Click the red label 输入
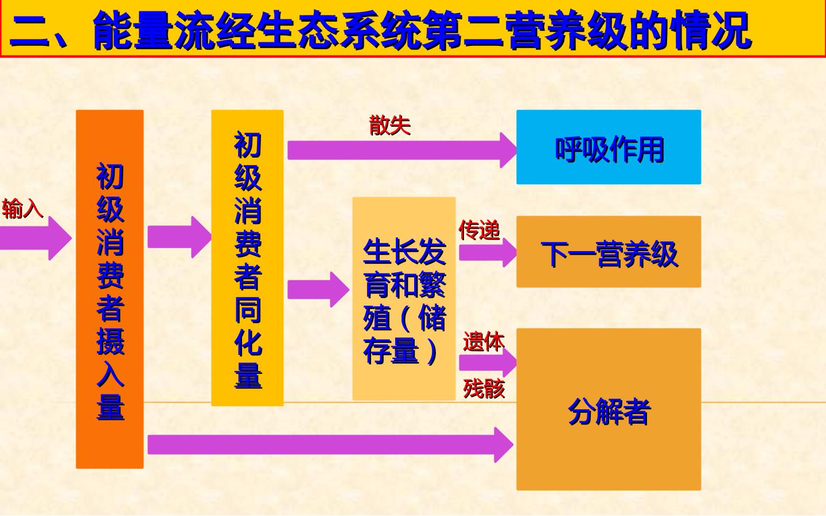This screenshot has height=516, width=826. [x=23, y=209]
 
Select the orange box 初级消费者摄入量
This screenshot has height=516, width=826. [x=110, y=290]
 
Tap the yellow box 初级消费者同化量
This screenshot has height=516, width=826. [x=247, y=258]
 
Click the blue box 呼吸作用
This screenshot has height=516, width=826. [x=609, y=147]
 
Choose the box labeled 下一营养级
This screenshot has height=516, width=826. [x=609, y=252]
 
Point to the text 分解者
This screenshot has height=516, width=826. [x=610, y=412]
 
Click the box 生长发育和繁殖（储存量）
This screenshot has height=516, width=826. [x=404, y=299]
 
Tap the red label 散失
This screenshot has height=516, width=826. [x=390, y=126]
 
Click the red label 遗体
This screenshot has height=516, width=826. [x=484, y=341]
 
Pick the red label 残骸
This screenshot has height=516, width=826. [x=484, y=389]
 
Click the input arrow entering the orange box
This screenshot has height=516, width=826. [x=36, y=238]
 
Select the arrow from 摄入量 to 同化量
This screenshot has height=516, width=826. [x=179, y=237]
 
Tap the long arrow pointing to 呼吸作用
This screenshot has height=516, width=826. [x=402, y=150]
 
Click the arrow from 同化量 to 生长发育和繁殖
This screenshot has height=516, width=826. [x=318, y=290]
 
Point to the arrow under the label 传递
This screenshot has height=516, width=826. [x=488, y=252]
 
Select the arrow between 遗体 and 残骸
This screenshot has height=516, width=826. [x=488, y=363]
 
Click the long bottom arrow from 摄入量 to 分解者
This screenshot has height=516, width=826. [x=330, y=445]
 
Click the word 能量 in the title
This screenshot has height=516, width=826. [x=134, y=30]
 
